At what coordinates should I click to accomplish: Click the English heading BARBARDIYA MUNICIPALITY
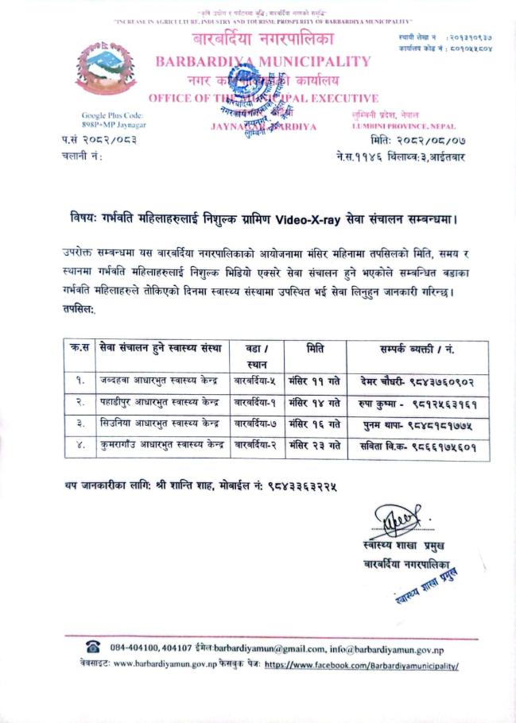[x=263, y=61]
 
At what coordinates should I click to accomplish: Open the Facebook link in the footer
[x=361, y=664]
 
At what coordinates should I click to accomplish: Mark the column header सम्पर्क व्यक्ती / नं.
[x=417, y=348]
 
